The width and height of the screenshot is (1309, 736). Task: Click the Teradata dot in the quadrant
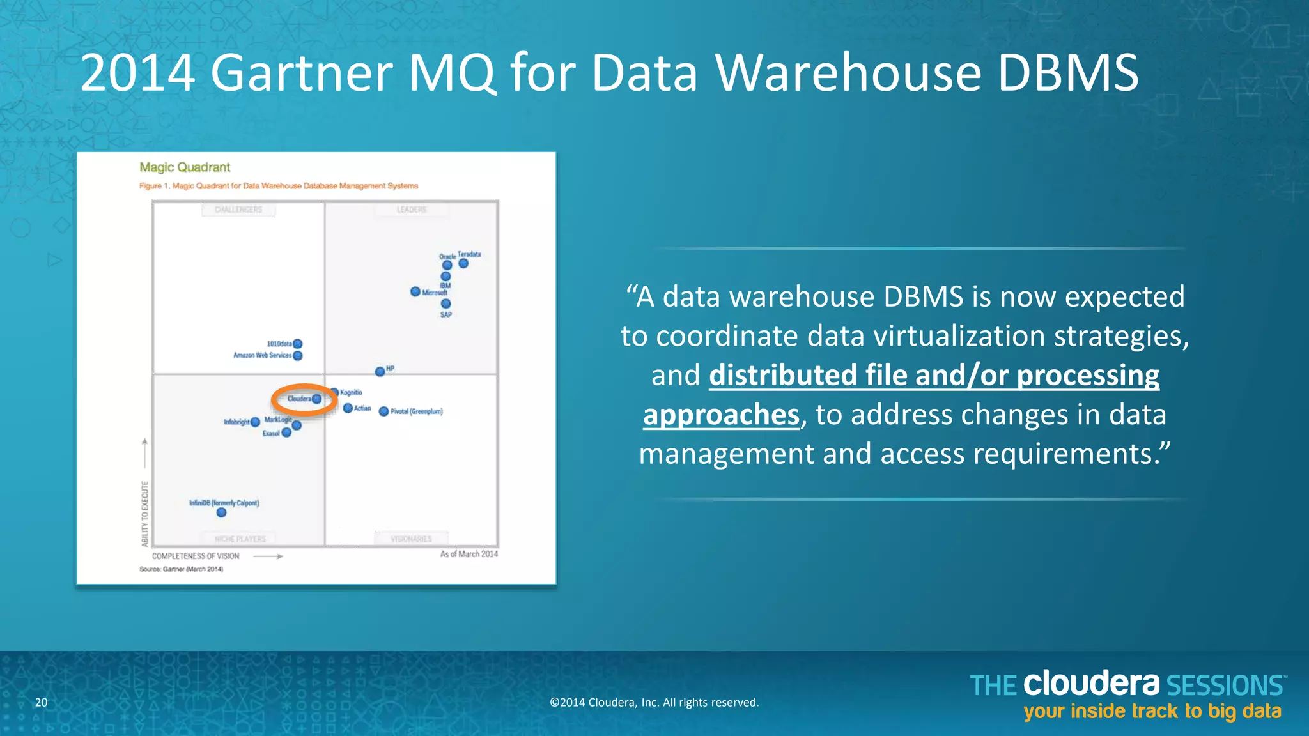tap(463, 263)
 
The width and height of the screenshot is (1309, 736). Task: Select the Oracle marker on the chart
tap(447, 265)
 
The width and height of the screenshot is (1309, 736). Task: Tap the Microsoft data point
tap(415, 291)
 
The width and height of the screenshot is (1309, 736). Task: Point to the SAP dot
tap(446, 303)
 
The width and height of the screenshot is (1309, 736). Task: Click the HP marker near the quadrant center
tap(380, 371)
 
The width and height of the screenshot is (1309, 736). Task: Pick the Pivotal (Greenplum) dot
tap(383, 411)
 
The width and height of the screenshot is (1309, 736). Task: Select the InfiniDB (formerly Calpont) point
tap(221, 512)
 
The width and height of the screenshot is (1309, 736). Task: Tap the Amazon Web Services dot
tap(298, 356)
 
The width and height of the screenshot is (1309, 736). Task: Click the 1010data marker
tap(298, 344)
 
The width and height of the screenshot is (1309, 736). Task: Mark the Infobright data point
tap(255, 422)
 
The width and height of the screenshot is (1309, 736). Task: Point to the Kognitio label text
tap(351, 392)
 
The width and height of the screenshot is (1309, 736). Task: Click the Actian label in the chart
tap(362, 408)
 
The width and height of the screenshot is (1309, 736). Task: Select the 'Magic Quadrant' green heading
tap(185, 167)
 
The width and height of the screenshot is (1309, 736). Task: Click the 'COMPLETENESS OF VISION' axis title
tap(196, 556)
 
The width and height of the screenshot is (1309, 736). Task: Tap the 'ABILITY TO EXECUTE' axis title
tap(145, 514)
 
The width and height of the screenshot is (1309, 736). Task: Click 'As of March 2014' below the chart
tap(469, 554)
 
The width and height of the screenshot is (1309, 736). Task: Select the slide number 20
tap(41, 702)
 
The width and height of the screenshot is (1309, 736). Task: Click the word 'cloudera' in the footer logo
tap(1091, 684)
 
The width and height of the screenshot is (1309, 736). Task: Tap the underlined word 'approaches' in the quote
tap(721, 415)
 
